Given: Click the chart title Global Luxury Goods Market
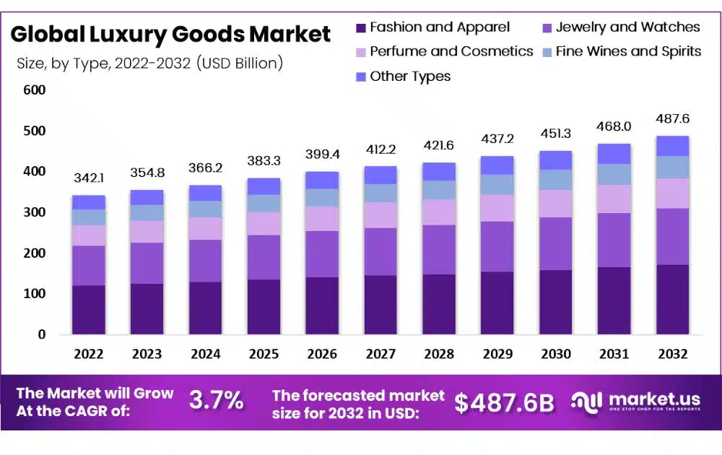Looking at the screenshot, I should click(170, 34).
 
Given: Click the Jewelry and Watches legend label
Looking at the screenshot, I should click(627, 27).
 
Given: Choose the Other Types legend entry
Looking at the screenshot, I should click(409, 76).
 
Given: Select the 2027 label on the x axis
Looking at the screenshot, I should click(380, 354).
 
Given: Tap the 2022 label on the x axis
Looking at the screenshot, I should click(88, 354).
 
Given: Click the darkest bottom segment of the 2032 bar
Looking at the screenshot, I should click(671, 299).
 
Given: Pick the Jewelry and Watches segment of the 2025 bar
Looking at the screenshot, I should click(263, 257).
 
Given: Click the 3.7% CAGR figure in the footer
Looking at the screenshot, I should click(216, 400).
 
